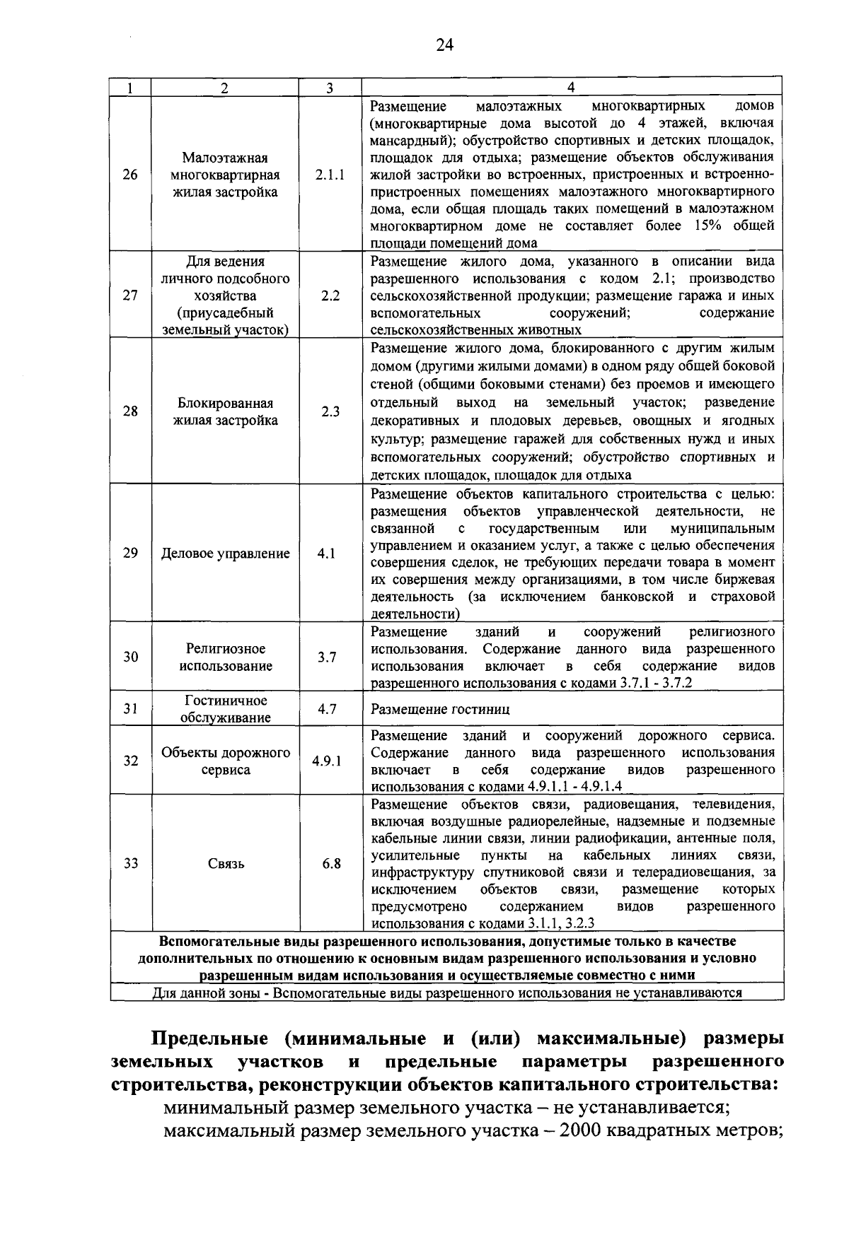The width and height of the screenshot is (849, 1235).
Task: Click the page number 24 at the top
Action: (444, 45)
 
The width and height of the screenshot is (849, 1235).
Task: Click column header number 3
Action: (330, 88)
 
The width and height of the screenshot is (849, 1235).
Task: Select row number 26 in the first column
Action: (130, 175)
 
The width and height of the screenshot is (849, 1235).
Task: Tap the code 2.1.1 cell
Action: (330, 175)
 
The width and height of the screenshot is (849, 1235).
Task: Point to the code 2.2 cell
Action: (330, 295)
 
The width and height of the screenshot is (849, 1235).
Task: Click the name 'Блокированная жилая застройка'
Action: (225, 412)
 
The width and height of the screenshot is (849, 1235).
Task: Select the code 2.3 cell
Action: (330, 412)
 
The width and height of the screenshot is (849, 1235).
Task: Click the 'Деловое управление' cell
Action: (225, 554)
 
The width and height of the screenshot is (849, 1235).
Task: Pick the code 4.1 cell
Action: (326, 554)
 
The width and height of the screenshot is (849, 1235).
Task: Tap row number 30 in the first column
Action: (130, 657)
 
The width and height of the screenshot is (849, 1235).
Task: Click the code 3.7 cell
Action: (326, 657)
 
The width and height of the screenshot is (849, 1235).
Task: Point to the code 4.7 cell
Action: (326, 709)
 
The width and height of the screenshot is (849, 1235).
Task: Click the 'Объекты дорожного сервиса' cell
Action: (225, 761)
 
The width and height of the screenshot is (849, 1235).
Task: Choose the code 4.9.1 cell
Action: (326, 761)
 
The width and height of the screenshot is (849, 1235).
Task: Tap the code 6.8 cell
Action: (331, 864)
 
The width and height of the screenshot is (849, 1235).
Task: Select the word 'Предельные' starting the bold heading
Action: (209, 1039)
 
